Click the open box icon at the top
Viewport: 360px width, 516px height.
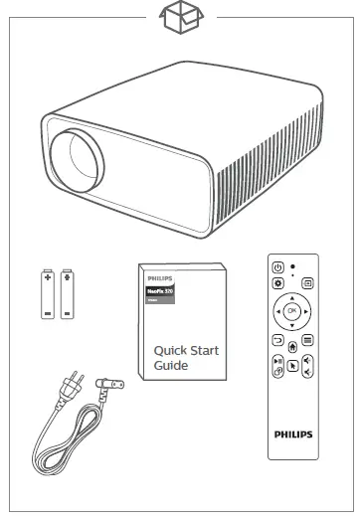point(181,17)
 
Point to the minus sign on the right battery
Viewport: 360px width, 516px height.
point(67,311)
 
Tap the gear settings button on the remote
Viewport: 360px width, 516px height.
point(278,282)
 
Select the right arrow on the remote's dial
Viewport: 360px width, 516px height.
point(306,312)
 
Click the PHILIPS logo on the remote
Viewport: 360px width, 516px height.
point(291,433)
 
